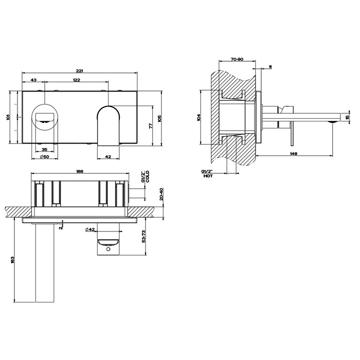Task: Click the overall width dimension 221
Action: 79,69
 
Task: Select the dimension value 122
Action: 76,80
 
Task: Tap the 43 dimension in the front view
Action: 33,80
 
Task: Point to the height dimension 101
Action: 8,117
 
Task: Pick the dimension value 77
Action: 150,125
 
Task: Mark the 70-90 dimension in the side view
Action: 237,60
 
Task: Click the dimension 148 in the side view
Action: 293,154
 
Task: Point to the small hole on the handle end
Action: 109,249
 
